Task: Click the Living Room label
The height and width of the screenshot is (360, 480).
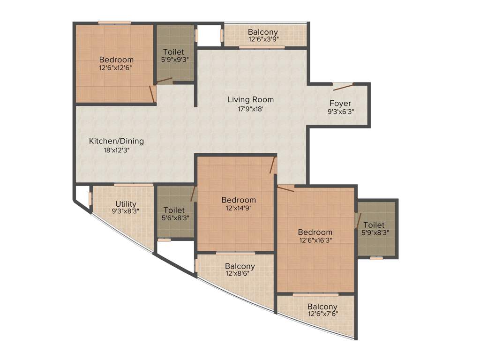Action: click(x=250, y=99)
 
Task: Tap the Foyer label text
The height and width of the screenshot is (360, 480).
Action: click(x=340, y=104)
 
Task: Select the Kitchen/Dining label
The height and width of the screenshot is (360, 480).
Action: click(x=116, y=141)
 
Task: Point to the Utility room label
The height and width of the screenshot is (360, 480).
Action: click(x=126, y=203)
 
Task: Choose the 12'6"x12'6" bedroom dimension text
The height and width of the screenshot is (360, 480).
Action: click(x=116, y=67)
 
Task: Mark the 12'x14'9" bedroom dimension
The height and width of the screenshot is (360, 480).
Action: click(x=239, y=208)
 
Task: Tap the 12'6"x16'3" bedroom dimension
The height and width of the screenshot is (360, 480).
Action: click(x=315, y=240)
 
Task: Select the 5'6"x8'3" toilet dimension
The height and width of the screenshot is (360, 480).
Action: click(x=173, y=218)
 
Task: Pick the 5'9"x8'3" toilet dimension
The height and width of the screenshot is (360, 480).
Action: click(x=373, y=232)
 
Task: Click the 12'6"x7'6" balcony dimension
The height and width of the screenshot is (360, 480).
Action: click(x=322, y=314)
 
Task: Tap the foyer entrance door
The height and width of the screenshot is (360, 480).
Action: click(x=343, y=86)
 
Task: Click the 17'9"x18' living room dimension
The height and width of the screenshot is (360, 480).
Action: click(x=250, y=108)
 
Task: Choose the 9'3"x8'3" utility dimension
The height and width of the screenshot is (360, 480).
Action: click(x=126, y=211)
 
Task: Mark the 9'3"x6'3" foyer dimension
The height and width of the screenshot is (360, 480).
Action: click(x=340, y=112)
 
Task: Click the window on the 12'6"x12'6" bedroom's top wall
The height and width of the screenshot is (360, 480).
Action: click(x=114, y=22)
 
